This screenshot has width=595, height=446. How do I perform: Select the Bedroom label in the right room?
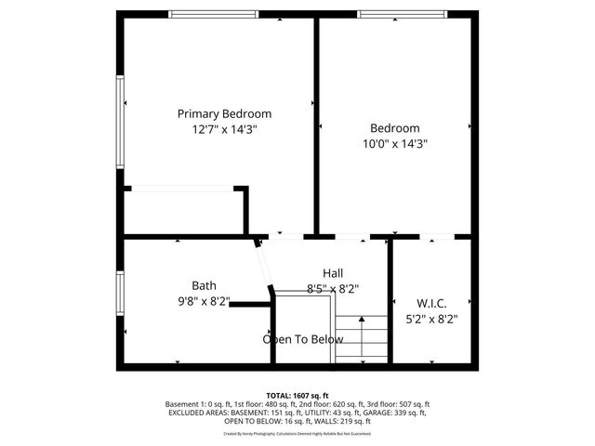[x=394, y=128]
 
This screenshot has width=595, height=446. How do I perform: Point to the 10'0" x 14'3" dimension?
[x=394, y=144]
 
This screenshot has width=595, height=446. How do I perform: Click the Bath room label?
[x=204, y=285]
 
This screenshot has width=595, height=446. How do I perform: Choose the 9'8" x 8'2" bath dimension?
[x=203, y=301]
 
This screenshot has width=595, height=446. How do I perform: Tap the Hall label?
[x=333, y=272]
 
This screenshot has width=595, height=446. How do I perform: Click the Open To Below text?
[x=302, y=339]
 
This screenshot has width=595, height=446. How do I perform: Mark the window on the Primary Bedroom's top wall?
[x=214, y=14]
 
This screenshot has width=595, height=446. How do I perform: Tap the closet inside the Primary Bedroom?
[x=182, y=210]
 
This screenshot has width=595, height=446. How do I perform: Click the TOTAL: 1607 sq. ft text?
[x=297, y=396]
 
